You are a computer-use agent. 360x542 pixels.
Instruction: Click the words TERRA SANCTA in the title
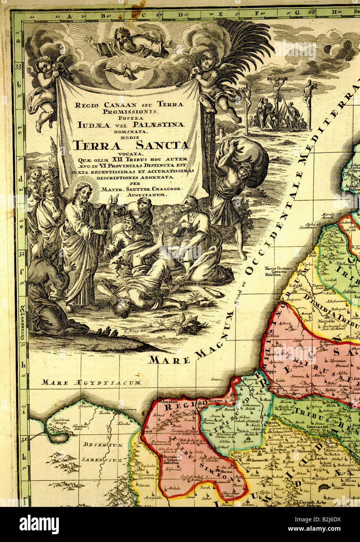[x=131, y=145]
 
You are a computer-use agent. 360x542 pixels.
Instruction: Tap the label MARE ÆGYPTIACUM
[x=92, y=383]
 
